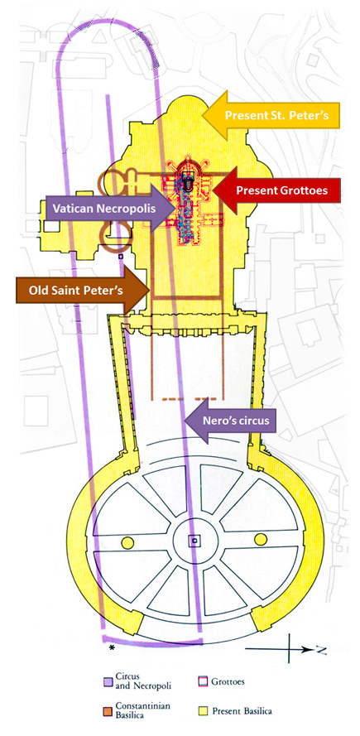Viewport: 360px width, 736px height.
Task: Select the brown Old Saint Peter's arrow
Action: [x=83, y=290]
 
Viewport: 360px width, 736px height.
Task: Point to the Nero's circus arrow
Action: [x=230, y=420]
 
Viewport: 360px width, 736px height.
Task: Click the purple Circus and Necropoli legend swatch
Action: [x=108, y=682]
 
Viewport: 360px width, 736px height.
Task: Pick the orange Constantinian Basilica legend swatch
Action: [x=108, y=711]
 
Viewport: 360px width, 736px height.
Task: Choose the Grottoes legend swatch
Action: [x=199, y=682]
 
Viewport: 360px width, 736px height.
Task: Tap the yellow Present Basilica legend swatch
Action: [x=199, y=711]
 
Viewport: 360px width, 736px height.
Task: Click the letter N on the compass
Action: [x=321, y=650]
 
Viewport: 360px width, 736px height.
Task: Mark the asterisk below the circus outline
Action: [x=112, y=647]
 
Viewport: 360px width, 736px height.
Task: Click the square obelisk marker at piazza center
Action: [x=194, y=541]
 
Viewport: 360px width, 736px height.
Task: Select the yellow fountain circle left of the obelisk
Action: [x=127, y=542]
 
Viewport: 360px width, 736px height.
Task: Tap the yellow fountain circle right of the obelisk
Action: [x=261, y=539]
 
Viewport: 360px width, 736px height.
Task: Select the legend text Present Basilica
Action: [x=242, y=711]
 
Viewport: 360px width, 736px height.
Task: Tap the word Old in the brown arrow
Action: [x=39, y=291]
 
